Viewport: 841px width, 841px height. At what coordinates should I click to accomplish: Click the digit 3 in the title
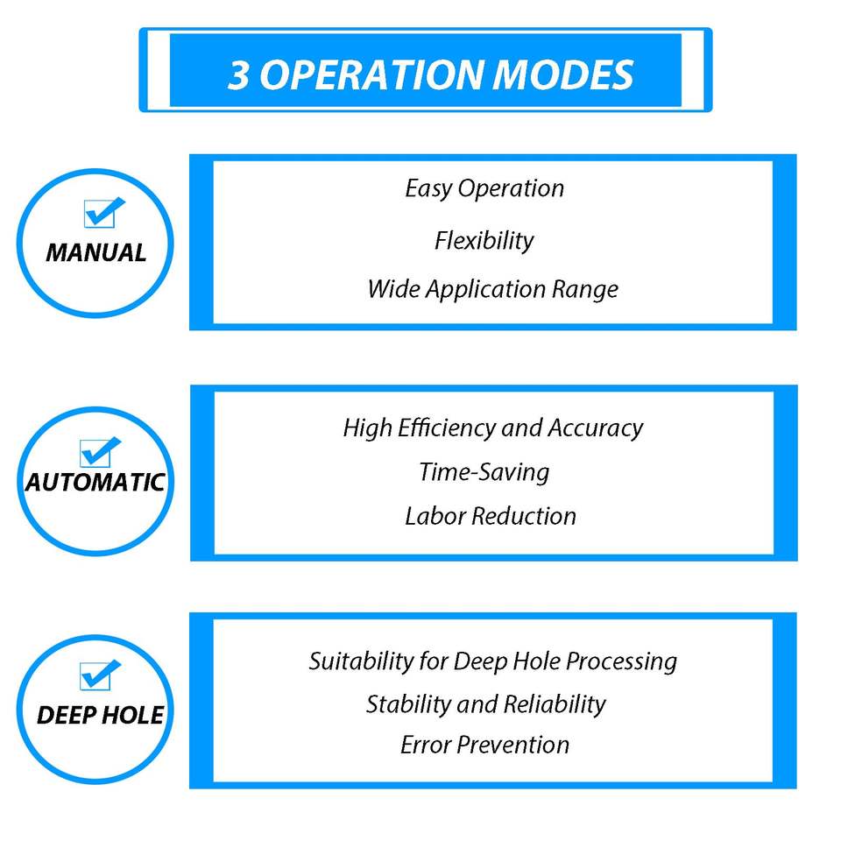(239, 75)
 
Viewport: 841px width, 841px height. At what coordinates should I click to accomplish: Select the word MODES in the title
(563, 75)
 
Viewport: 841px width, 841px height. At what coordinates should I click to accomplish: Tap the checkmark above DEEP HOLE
(98, 675)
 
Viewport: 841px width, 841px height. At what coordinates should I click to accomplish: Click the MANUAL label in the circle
(96, 253)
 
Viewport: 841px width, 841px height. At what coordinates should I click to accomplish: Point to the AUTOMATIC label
(95, 482)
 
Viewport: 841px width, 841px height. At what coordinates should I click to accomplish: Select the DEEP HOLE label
(100, 715)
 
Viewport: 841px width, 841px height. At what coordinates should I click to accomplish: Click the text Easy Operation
(484, 188)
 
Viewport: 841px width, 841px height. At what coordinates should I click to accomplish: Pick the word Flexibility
(484, 240)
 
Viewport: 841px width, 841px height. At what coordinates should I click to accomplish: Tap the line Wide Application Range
(492, 289)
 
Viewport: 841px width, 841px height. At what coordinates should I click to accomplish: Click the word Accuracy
(596, 428)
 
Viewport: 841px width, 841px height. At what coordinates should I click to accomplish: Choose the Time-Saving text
(484, 472)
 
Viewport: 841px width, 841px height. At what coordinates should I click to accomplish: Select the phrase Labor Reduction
(491, 515)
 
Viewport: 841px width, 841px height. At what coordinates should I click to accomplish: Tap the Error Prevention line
(484, 745)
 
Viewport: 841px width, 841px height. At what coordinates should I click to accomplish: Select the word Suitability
(354, 661)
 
